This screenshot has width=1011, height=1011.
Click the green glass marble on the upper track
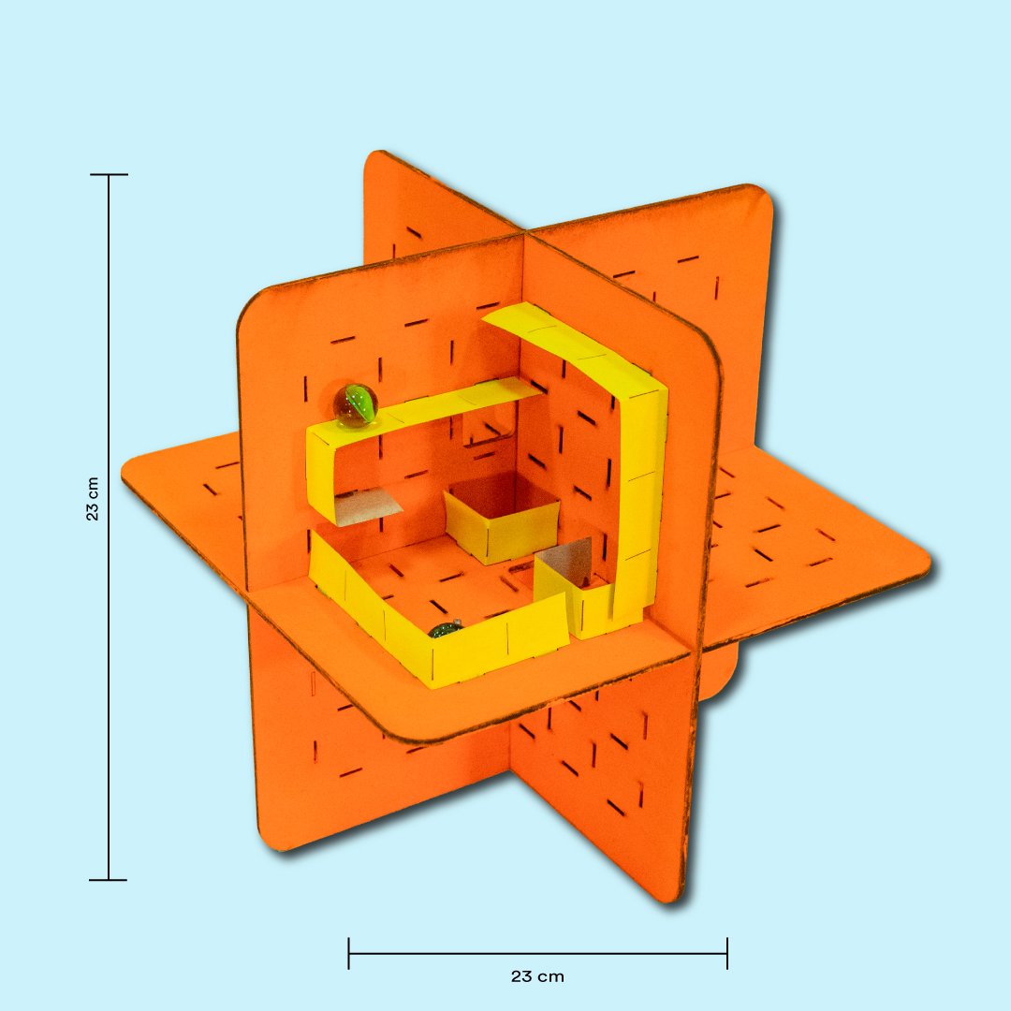tap(356, 405)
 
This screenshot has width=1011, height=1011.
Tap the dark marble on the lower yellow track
tap(446, 629)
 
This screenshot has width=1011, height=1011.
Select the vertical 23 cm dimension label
tap(93, 499)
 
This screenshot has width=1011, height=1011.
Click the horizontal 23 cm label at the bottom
tap(537, 976)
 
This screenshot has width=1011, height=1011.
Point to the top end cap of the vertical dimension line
tap(109, 175)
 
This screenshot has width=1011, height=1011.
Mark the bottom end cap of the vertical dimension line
tap(109, 879)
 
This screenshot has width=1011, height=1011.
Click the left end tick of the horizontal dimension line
tap(349, 954)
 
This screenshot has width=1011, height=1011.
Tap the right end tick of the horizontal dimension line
tap(727, 954)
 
